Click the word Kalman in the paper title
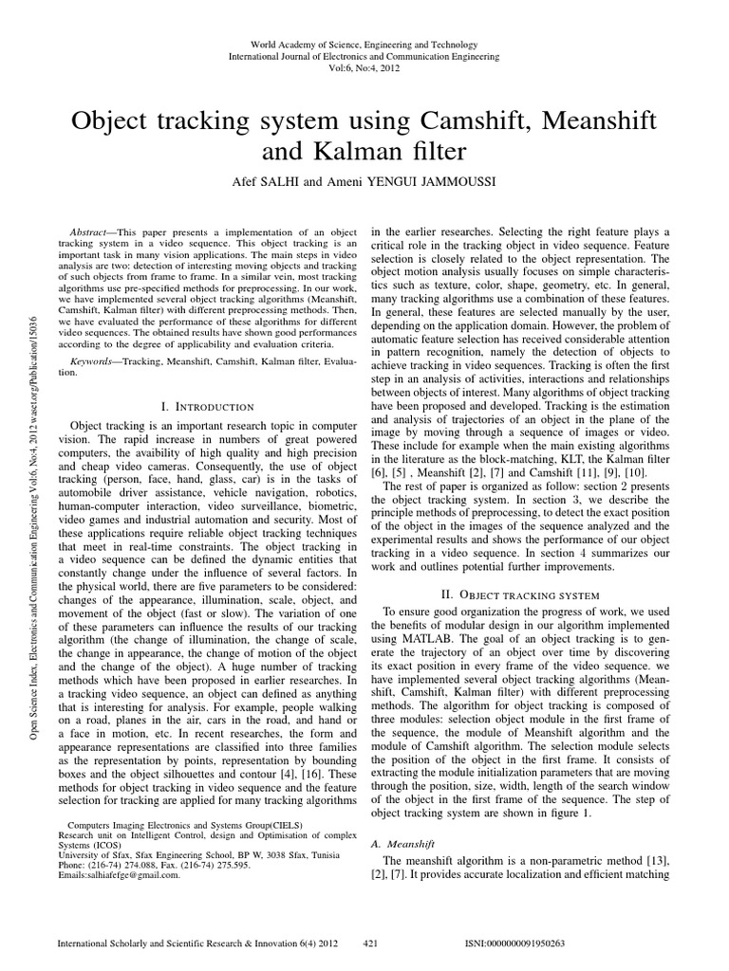pyautogui.click(x=343, y=152)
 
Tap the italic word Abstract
pyautogui.click(x=92, y=232)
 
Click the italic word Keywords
pyautogui.click(x=95, y=362)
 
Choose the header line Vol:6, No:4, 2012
pyautogui.click(x=364, y=69)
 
